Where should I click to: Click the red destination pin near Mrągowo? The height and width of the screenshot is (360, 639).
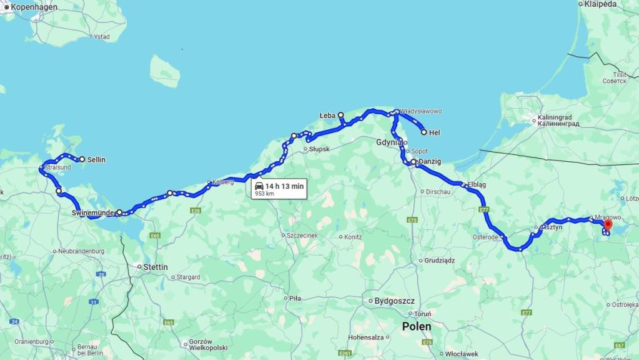pyautogui.click(x=608, y=226)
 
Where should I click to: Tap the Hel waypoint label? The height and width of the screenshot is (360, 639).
pyautogui.click(x=435, y=132)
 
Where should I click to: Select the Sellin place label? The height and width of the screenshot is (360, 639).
pyautogui.click(x=96, y=159)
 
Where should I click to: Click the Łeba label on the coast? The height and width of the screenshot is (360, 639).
pyautogui.click(x=327, y=116)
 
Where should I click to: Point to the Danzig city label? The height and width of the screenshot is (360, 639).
pyautogui.click(x=430, y=161)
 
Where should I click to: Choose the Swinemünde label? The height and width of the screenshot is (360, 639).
pyautogui.click(x=93, y=213)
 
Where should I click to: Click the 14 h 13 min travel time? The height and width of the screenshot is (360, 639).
pyautogui.click(x=284, y=186)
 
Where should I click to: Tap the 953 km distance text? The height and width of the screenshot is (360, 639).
pyautogui.click(x=265, y=194)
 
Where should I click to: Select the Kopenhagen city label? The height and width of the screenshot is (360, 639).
pyautogui.click(x=34, y=7)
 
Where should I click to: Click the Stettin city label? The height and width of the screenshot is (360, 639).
pyautogui.click(x=155, y=267)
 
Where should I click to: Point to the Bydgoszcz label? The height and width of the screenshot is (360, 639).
pyautogui.click(x=394, y=301)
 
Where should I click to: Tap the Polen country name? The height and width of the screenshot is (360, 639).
pyautogui.click(x=416, y=326)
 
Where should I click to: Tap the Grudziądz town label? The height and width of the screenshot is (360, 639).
pyautogui.click(x=440, y=260)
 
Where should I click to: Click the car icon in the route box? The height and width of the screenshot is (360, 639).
pyautogui.click(x=259, y=186)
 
